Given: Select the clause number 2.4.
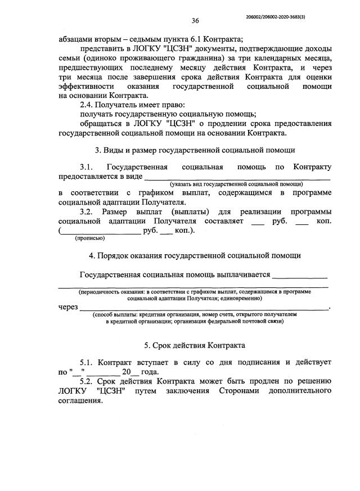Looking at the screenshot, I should tap(88, 104).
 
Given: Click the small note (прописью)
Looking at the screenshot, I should tap(89, 238).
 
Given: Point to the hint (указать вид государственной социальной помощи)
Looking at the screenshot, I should tap(237, 184).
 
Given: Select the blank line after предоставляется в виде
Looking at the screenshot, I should tap(237, 177).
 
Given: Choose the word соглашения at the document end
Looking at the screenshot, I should tap(80, 402).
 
